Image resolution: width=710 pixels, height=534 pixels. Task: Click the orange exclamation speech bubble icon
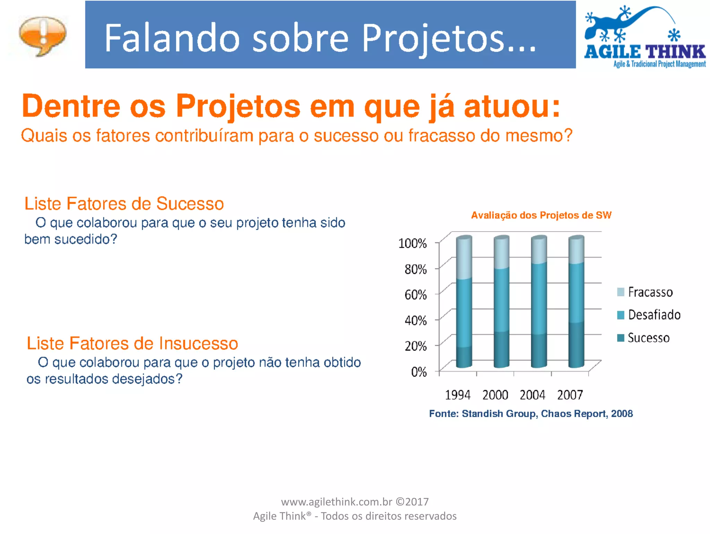pyautogui.click(x=42, y=35)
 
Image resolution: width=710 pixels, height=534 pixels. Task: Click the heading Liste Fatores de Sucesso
pyautogui.click(x=124, y=204)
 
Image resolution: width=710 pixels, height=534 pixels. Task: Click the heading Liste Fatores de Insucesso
pyautogui.click(x=132, y=343)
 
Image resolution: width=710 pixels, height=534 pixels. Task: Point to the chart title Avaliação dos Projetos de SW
pyautogui.click(x=541, y=215)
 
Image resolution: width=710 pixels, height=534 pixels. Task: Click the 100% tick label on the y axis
pyautogui.click(x=412, y=243)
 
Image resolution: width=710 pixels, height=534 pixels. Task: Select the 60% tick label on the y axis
pyautogui.click(x=415, y=295)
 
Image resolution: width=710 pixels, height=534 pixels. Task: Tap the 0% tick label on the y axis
pyautogui.click(x=418, y=372)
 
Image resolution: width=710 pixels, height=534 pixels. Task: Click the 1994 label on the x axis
pyautogui.click(x=458, y=395)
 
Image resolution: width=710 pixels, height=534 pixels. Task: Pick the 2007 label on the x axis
pyautogui.click(x=570, y=395)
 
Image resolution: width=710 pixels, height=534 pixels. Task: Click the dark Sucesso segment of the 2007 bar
pyautogui.click(x=576, y=345)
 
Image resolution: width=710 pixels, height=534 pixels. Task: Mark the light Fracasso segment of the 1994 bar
pyautogui.click(x=464, y=258)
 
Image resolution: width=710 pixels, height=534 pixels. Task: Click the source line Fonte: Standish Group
pyautogui.click(x=531, y=414)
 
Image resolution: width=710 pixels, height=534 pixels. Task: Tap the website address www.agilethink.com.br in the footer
pyautogui.click(x=336, y=502)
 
